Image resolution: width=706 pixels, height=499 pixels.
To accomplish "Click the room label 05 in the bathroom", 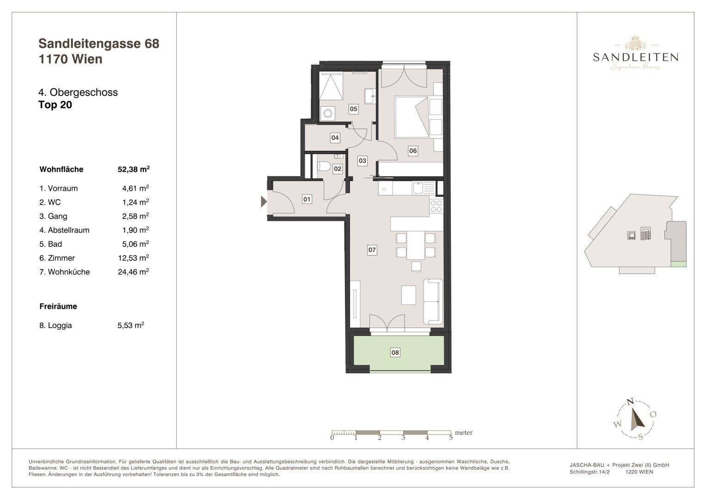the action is click(x=353, y=109).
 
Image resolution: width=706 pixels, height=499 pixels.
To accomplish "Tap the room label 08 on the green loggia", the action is click(x=395, y=353).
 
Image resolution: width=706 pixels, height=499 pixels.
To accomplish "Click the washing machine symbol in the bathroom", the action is click(x=328, y=113).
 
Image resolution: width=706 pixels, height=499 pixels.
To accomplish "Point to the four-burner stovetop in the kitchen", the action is click(x=436, y=206).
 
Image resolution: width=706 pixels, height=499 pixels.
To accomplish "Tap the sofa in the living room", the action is click(x=433, y=301).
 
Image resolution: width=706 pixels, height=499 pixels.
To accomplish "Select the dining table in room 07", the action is click(x=416, y=245).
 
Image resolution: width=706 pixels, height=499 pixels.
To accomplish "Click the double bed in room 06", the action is click(x=412, y=117).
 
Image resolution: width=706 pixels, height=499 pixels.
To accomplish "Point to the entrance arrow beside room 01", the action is click(x=264, y=201).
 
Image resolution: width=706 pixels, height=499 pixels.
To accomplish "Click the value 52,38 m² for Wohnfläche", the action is click(x=134, y=169).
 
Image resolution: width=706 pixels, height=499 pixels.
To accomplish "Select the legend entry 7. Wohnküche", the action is click(x=65, y=272).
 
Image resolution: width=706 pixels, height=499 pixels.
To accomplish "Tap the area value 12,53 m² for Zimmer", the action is click(x=133, y=258).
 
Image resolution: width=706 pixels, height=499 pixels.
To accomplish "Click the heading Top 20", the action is click(x=55, y=104).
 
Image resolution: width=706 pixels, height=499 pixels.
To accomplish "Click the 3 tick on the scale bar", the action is click(x=403, y=438).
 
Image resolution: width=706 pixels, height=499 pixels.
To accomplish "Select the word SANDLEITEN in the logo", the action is click(x=635, y=57).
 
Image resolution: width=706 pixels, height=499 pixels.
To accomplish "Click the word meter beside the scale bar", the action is click(x=464, y=433).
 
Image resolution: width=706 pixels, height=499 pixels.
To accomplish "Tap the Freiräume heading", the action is click(x=58, y=306).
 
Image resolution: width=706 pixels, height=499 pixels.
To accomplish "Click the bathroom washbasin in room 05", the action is click(x=370, y=96).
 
